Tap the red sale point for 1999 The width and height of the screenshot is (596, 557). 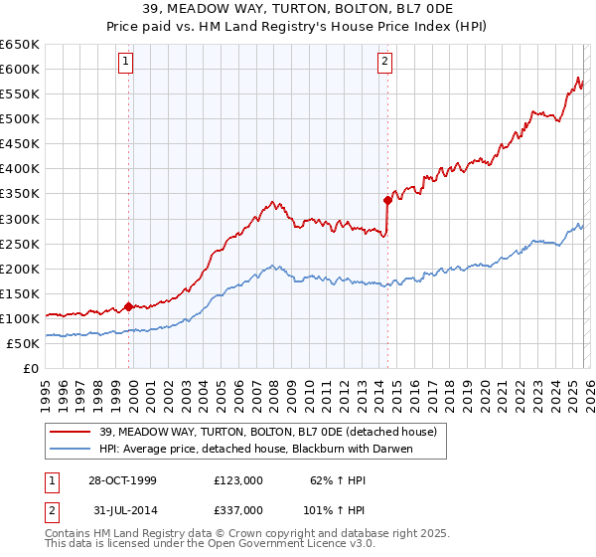click(x=129, y=306)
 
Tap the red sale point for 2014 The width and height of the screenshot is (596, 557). click(x=387, y=200)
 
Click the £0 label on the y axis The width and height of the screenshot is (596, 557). click(x=30, y=368)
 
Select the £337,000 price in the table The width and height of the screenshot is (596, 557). click(x=237, y=509)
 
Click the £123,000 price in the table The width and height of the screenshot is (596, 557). click(x=237, y=479)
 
